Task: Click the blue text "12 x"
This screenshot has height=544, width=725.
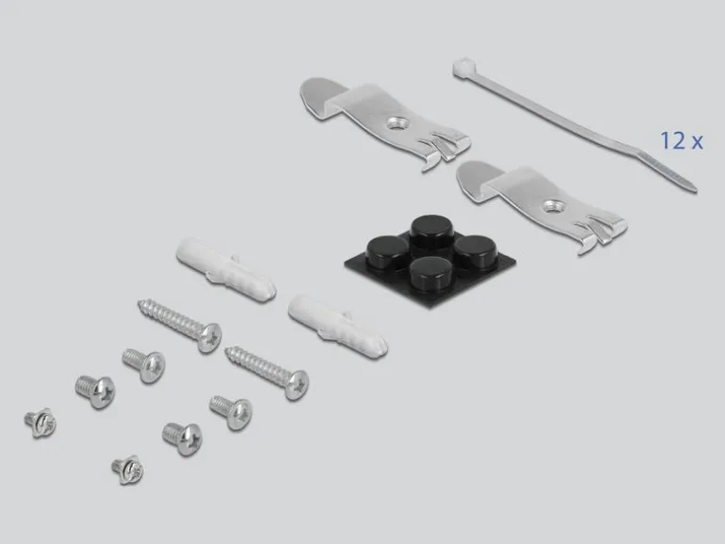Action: click(x=682, y=140)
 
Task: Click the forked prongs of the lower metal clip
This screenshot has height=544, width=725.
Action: click(x=602, y=234)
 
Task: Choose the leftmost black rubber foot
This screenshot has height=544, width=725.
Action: click(x=387, y=249)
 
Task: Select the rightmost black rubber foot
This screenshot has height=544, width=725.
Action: click(x=475, y=249)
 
